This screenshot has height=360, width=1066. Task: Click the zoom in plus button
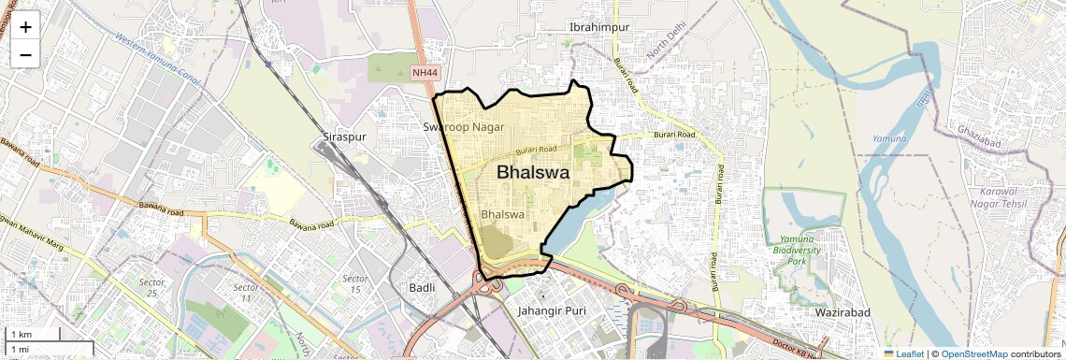coord(25,27)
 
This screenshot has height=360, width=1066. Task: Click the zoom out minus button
coord(25,54)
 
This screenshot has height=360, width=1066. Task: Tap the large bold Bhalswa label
coord(533,172)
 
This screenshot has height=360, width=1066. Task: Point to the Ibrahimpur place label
coord(600,27)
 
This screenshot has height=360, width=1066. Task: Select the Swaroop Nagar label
coord(464,126)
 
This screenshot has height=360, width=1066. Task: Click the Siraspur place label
coord(343,137)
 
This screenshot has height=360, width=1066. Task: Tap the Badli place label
coord(422,288)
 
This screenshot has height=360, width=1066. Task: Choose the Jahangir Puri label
coord(551,310)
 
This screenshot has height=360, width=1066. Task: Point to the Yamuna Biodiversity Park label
coord(797,251)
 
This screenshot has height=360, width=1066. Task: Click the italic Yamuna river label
coord(889,139)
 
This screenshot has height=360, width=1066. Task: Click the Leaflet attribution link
coord(902,353)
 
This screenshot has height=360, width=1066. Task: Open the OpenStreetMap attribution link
coord(973,353)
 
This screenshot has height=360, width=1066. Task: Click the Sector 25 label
coord(151,287)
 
